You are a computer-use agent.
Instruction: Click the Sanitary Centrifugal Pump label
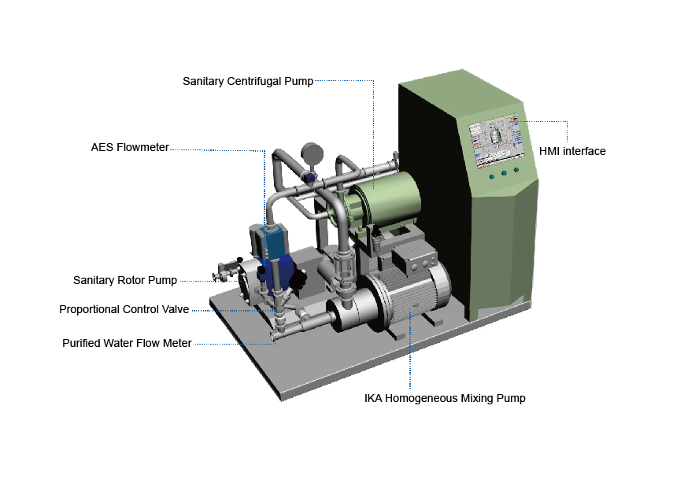[x=248, y=81]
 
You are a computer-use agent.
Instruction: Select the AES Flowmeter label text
[x=130, y=147]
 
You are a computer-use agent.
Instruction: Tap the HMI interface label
[x=572, y=151]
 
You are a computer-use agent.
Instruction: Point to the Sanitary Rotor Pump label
[x=125, y=280]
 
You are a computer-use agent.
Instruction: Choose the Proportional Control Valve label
[x=124, y=309]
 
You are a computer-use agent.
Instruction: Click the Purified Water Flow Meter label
[x=127, y=343]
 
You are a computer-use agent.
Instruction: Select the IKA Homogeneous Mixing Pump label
[x=445, y=398]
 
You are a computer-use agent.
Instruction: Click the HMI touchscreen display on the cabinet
[x=498, y=140]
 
